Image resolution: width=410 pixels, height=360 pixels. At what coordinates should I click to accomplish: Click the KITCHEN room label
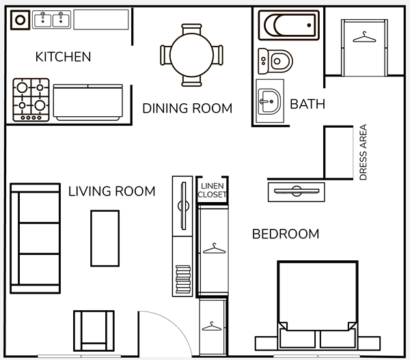click(63, 57)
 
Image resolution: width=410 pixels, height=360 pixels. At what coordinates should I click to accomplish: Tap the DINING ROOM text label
click(187, 108)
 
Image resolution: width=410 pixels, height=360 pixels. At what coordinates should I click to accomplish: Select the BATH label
click(307, 104)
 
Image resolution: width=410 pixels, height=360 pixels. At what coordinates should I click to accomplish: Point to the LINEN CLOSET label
click(212, 190)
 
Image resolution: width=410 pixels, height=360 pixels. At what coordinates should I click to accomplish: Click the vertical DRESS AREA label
click(364, 152)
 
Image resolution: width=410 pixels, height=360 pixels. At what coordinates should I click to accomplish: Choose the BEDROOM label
click(286, 234)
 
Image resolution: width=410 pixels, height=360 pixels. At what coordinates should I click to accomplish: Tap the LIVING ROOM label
click(111, 191)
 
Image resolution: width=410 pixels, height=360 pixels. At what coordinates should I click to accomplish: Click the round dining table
click(191, 55)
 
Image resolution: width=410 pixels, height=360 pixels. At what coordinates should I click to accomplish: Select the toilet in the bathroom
click(275, 61)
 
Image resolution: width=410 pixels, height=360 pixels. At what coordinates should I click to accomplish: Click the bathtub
click(288, 25)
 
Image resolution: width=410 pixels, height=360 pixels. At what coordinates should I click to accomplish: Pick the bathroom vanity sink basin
click(269, 101)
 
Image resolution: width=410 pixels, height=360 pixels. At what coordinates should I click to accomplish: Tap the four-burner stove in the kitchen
click(31, 100)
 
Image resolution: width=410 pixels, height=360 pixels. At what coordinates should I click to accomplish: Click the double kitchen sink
click(51, 20)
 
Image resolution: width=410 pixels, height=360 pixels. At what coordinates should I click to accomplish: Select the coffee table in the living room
click(105, 238)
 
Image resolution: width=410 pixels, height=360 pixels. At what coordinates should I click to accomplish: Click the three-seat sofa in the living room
click(36, 238)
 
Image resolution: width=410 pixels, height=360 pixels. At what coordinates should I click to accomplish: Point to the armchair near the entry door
click(94, 331)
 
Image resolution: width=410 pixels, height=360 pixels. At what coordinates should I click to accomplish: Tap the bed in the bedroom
click(318, 305)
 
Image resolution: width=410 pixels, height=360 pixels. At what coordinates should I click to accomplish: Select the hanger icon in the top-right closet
click(364, 37)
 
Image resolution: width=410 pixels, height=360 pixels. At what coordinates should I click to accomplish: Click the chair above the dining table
click(191, 29)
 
